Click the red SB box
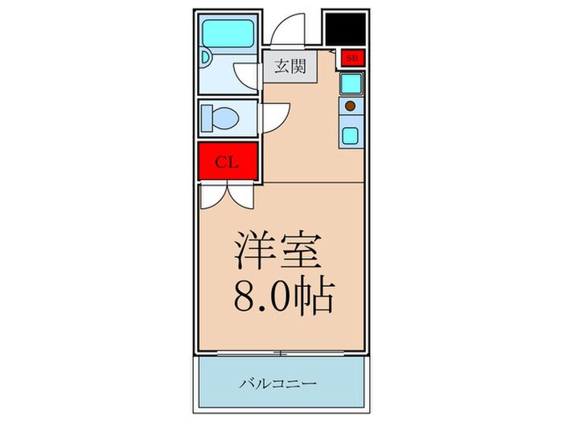click(x=352, y=58)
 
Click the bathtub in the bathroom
click(x=228, y=33)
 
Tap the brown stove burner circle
click(x=351, y=105)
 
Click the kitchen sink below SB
click(x=351, y=83)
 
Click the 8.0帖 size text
click(x=284, y=298)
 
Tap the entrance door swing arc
click(x=286, y=32)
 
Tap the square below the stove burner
click(x=351, y=133)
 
